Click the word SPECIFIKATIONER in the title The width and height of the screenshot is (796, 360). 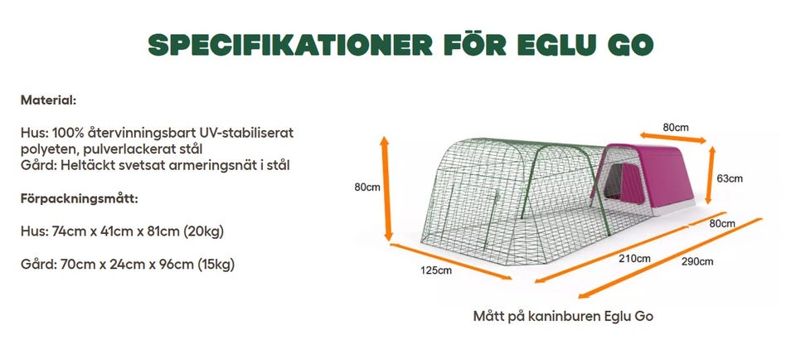282,46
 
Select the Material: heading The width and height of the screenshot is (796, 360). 49,100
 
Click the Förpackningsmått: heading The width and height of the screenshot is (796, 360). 79,199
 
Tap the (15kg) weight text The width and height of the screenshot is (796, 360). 211,265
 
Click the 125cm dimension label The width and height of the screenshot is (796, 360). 435,270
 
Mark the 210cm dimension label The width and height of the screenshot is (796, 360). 634,258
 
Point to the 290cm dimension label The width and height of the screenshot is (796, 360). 696,261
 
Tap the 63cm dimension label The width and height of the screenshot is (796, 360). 730,178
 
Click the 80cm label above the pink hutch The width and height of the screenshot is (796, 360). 676,128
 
